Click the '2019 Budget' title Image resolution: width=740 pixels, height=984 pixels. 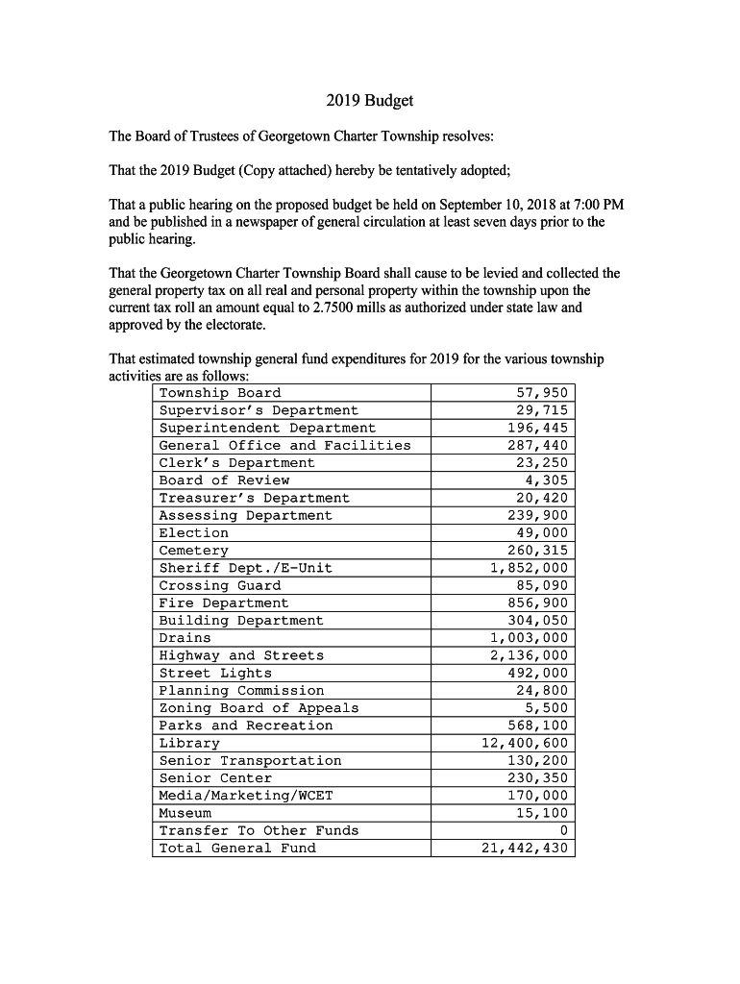tap(369, 100)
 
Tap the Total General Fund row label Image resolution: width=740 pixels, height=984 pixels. tap(237, 848)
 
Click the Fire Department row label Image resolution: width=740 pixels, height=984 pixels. tap(224, 603)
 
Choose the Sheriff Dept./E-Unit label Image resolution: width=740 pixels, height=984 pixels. tap(246, 568)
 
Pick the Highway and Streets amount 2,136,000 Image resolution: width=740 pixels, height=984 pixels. tap(530, 655)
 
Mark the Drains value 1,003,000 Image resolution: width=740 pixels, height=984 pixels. tap(530, 638)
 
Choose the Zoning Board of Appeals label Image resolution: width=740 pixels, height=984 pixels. tap(259, 708)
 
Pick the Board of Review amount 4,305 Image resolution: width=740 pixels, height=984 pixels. tap(547, 480)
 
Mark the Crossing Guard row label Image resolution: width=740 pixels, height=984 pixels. tap(220, 585)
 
